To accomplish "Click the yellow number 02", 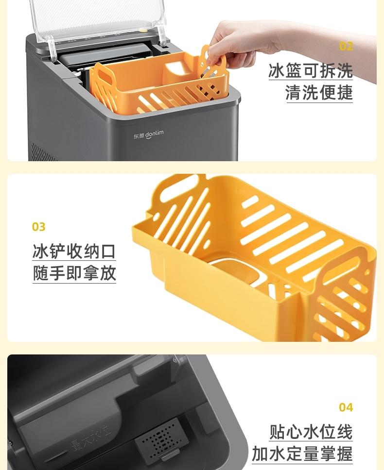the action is coord(346,47).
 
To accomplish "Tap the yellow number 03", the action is coord(39,227).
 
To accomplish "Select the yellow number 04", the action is coord(346,407).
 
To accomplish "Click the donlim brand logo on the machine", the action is coord(149,134).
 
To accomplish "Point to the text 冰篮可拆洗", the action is coord(311,71).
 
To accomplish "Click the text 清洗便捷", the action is coord(319,92).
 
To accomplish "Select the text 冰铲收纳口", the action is coord(74,251).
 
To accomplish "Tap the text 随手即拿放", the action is coord(74,273).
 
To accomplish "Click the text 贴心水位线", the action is coord(311,432).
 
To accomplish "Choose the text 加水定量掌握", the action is coord(302,454).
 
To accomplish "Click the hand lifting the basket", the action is coord(270,45).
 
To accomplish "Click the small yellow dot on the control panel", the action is coord(144,30).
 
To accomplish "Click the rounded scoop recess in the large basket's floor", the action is coord(237,271).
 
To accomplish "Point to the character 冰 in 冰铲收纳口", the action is coord(40,251).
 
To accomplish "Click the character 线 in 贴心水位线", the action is coord(345,432).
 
